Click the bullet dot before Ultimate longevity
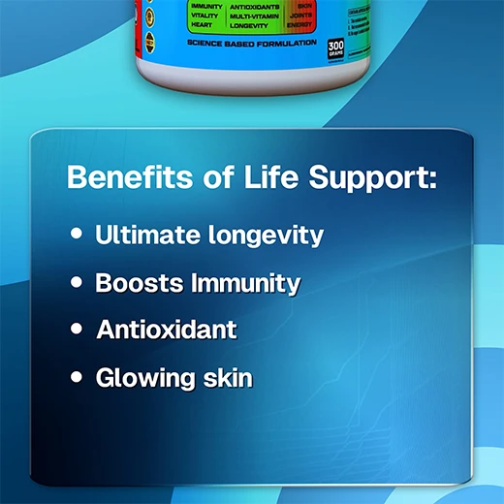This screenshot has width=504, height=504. point(77,235)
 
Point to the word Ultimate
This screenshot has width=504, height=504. point(142,235)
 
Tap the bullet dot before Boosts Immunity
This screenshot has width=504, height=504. point(77,283)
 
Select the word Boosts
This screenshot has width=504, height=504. point(138,283)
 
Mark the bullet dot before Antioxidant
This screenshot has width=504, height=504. point(77,330)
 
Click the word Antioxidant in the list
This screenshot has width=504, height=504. point(167,330)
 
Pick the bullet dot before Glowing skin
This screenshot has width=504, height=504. point(77,377)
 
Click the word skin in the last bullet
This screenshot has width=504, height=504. point(225,377)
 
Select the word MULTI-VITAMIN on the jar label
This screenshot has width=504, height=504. point(256,16)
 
